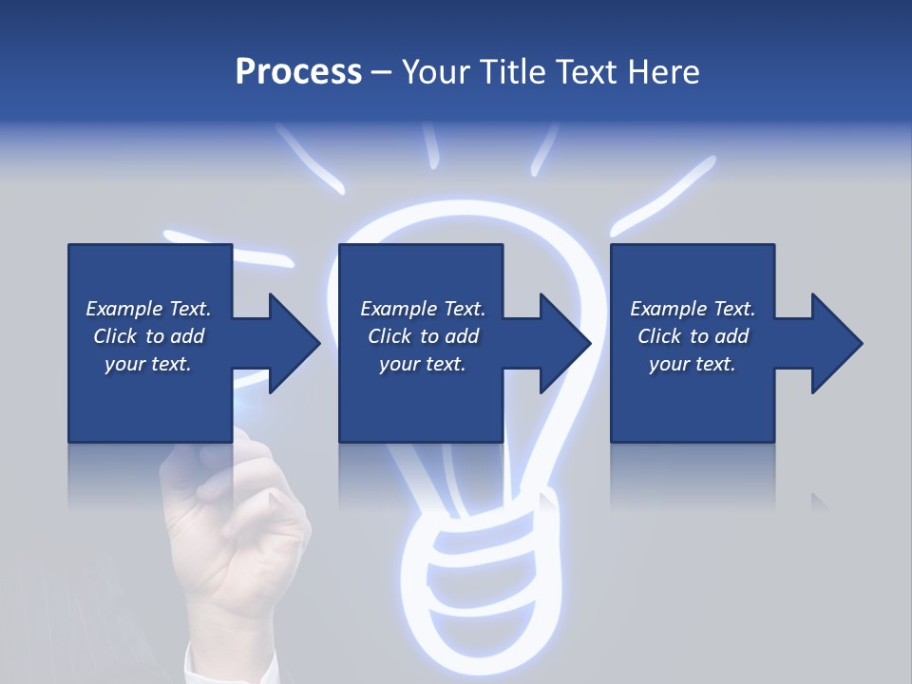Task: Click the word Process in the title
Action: (x=298, y=72)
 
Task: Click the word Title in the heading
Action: (x=514, y=72)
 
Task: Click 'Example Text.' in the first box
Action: (x=148, y=309)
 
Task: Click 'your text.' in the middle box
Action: (x=422, y=364)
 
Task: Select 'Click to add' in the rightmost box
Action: (x=693, y=336)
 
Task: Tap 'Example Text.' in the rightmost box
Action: (x=693, y=309)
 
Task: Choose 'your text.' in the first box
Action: (x=148, y=364)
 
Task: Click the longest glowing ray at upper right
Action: (x=665, y=195)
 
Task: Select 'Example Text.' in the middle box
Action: (x=422, y=309)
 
